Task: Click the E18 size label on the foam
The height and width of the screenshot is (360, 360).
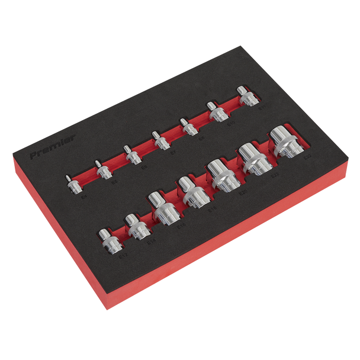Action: (210, 208)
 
